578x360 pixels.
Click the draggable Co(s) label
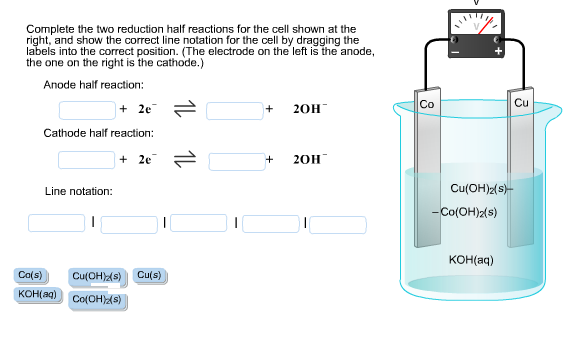pyautogui.click(x=30, y=275)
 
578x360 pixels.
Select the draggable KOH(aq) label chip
pyautogui.click(x=39, y=294)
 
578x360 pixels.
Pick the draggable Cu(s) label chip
pyautogui.click(x=150, y=275)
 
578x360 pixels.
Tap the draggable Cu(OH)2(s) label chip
pyautogui.click(x=97, y=276)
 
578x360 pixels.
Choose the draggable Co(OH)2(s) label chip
pyautogui.click(x=97, y=299)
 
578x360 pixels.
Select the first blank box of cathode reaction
pyautogui.click(x=86, y=159)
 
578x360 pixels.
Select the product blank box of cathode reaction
pyautogui.click(x=236, y=159)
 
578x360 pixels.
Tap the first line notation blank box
pyautogui.click(x=56, y=222)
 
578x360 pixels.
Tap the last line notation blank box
pyautogui.click(x=337, y=224)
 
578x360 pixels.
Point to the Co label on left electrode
pyautogui.click(x=427, y=104)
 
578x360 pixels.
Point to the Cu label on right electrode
pyautogui.click(x=521, y=103)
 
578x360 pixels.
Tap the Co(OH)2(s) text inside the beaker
pyautogui.click(x=466, y=211)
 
